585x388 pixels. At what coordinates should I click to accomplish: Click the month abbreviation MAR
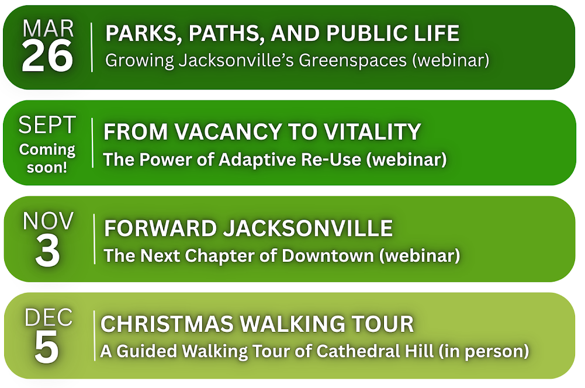click(48, 29)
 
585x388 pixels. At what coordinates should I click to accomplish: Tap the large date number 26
click(47, 56)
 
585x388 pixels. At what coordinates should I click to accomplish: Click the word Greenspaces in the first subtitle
click(352, 60)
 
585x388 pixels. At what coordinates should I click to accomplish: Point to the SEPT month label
click(47, 124)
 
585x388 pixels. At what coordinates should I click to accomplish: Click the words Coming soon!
click(47, 158)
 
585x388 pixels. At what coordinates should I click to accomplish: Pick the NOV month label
click(48, 221)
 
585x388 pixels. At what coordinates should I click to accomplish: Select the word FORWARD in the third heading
click(161, 228)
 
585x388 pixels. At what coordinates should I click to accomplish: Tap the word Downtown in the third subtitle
click(328, 255)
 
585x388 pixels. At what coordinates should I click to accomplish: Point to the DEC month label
click(49, 317)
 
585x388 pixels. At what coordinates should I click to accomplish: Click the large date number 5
click(47, 347)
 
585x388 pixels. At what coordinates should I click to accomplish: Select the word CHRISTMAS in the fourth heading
click(167, 324)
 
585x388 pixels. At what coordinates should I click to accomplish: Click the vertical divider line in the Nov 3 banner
click(95, 239)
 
